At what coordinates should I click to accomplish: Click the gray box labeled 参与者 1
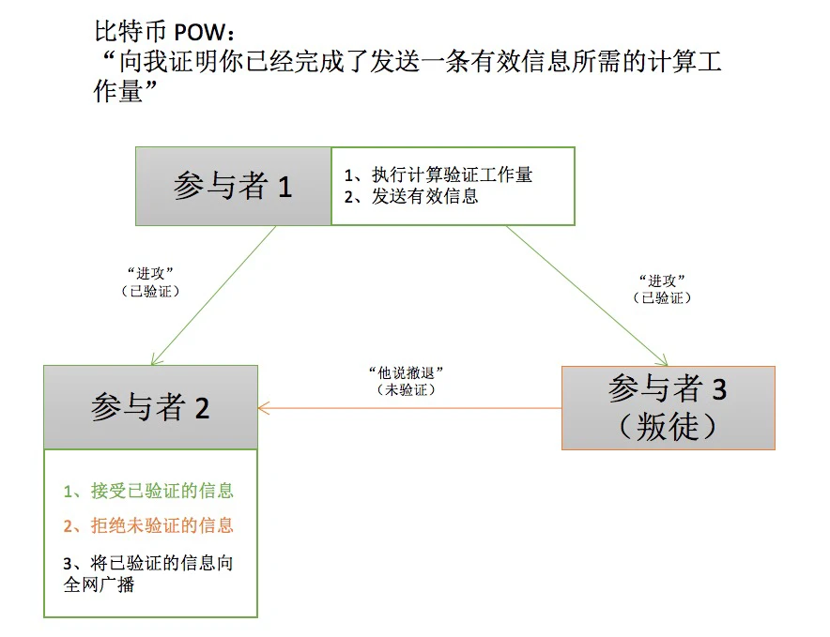click(233, 186)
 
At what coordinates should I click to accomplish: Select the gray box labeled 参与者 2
click(150, 407)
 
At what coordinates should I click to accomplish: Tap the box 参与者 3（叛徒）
click(668, 407)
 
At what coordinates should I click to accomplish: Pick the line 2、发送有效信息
click(410, 196)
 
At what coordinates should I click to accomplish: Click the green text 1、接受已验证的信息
click(148, 491)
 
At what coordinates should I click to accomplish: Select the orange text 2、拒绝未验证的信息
click(148, 525)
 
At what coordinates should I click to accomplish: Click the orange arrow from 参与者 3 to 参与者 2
click(409, 408)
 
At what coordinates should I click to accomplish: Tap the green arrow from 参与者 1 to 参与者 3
click(587, 294)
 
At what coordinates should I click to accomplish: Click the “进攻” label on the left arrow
click(151, 273)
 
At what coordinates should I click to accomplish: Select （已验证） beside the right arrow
click(662, 297)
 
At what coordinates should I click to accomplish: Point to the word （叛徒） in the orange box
click(668, 427)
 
